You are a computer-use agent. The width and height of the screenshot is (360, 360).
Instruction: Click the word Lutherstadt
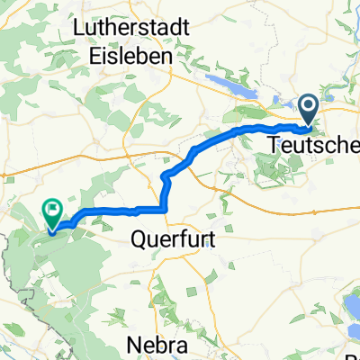pos(130,29)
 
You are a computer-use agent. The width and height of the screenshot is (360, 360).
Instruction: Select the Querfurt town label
pos(169,240)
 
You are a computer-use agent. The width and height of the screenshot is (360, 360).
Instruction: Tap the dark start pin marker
pos(310,110)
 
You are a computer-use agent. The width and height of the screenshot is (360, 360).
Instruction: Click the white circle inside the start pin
pos(310,108)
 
